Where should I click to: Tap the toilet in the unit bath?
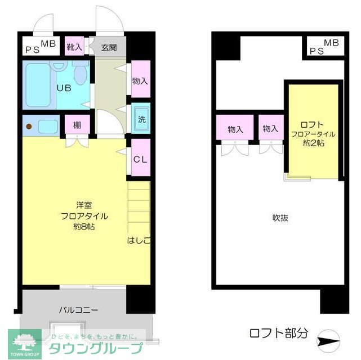click(80, 73)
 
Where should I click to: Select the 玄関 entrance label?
click(109, 47)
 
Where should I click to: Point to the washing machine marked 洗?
click(141, 119)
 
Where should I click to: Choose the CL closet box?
click(140, 159)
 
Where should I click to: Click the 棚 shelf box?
click(77, 125)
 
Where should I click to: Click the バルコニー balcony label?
click(79, 309)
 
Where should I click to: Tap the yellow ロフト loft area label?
click(313, 124)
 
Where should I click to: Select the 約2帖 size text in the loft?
click(313, 143)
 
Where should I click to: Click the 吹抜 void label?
click(280, 218)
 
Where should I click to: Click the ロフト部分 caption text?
click(279, 332)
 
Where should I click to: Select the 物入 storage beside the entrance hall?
click(140, 81)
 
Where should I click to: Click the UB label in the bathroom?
click(63, 87)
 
